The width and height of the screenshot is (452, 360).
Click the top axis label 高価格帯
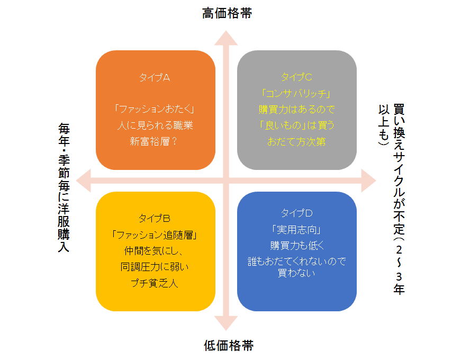227,13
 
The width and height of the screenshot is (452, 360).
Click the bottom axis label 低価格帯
228,346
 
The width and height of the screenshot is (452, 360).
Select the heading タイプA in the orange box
155,77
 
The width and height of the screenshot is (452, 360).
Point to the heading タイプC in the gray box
296,77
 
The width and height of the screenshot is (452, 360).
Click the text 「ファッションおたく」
155,109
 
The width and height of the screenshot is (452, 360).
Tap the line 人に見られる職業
155,125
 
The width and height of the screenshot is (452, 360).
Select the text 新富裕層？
155,141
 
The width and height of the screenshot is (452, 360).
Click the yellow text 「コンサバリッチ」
296,94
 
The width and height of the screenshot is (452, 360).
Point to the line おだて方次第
296,141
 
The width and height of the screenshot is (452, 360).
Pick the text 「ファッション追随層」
155,234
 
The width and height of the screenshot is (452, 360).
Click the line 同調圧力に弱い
155,266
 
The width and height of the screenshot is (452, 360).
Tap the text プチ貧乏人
155,283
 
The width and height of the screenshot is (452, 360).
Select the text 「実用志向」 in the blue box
296,229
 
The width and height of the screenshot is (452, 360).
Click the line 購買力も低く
296,245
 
